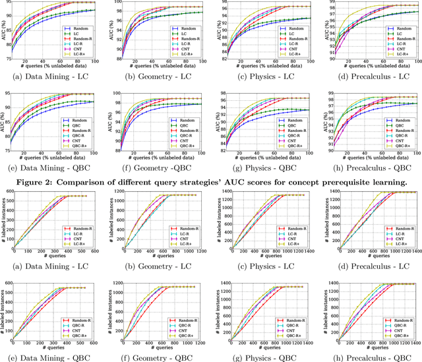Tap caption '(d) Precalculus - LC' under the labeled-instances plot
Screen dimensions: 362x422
pyautogui.click(x=371, y=268)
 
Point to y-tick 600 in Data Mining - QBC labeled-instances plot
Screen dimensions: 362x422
pyautogui.click(x=7, y=284)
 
